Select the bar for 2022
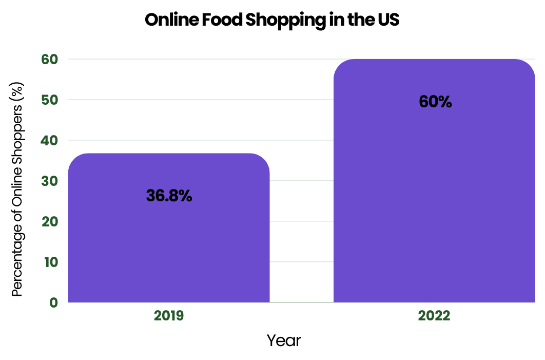434,205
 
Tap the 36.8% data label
169,196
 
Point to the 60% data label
435,102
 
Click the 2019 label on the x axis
169,315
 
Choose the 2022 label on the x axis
434,315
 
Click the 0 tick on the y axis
53,302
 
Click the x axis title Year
284,340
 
